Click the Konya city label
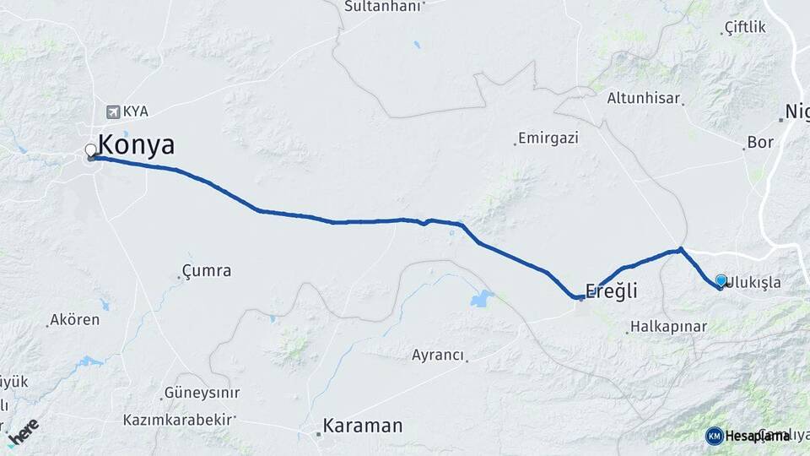137,145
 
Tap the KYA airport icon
113,111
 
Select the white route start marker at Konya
91,151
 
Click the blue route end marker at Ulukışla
721,280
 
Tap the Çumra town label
208,271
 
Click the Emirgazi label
548,138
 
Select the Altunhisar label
643,98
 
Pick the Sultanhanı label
382,6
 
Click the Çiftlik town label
745,28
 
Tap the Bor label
760,143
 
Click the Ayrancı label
438,356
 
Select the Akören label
75,320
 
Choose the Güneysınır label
202,393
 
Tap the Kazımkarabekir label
178,420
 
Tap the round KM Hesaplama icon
715,436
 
